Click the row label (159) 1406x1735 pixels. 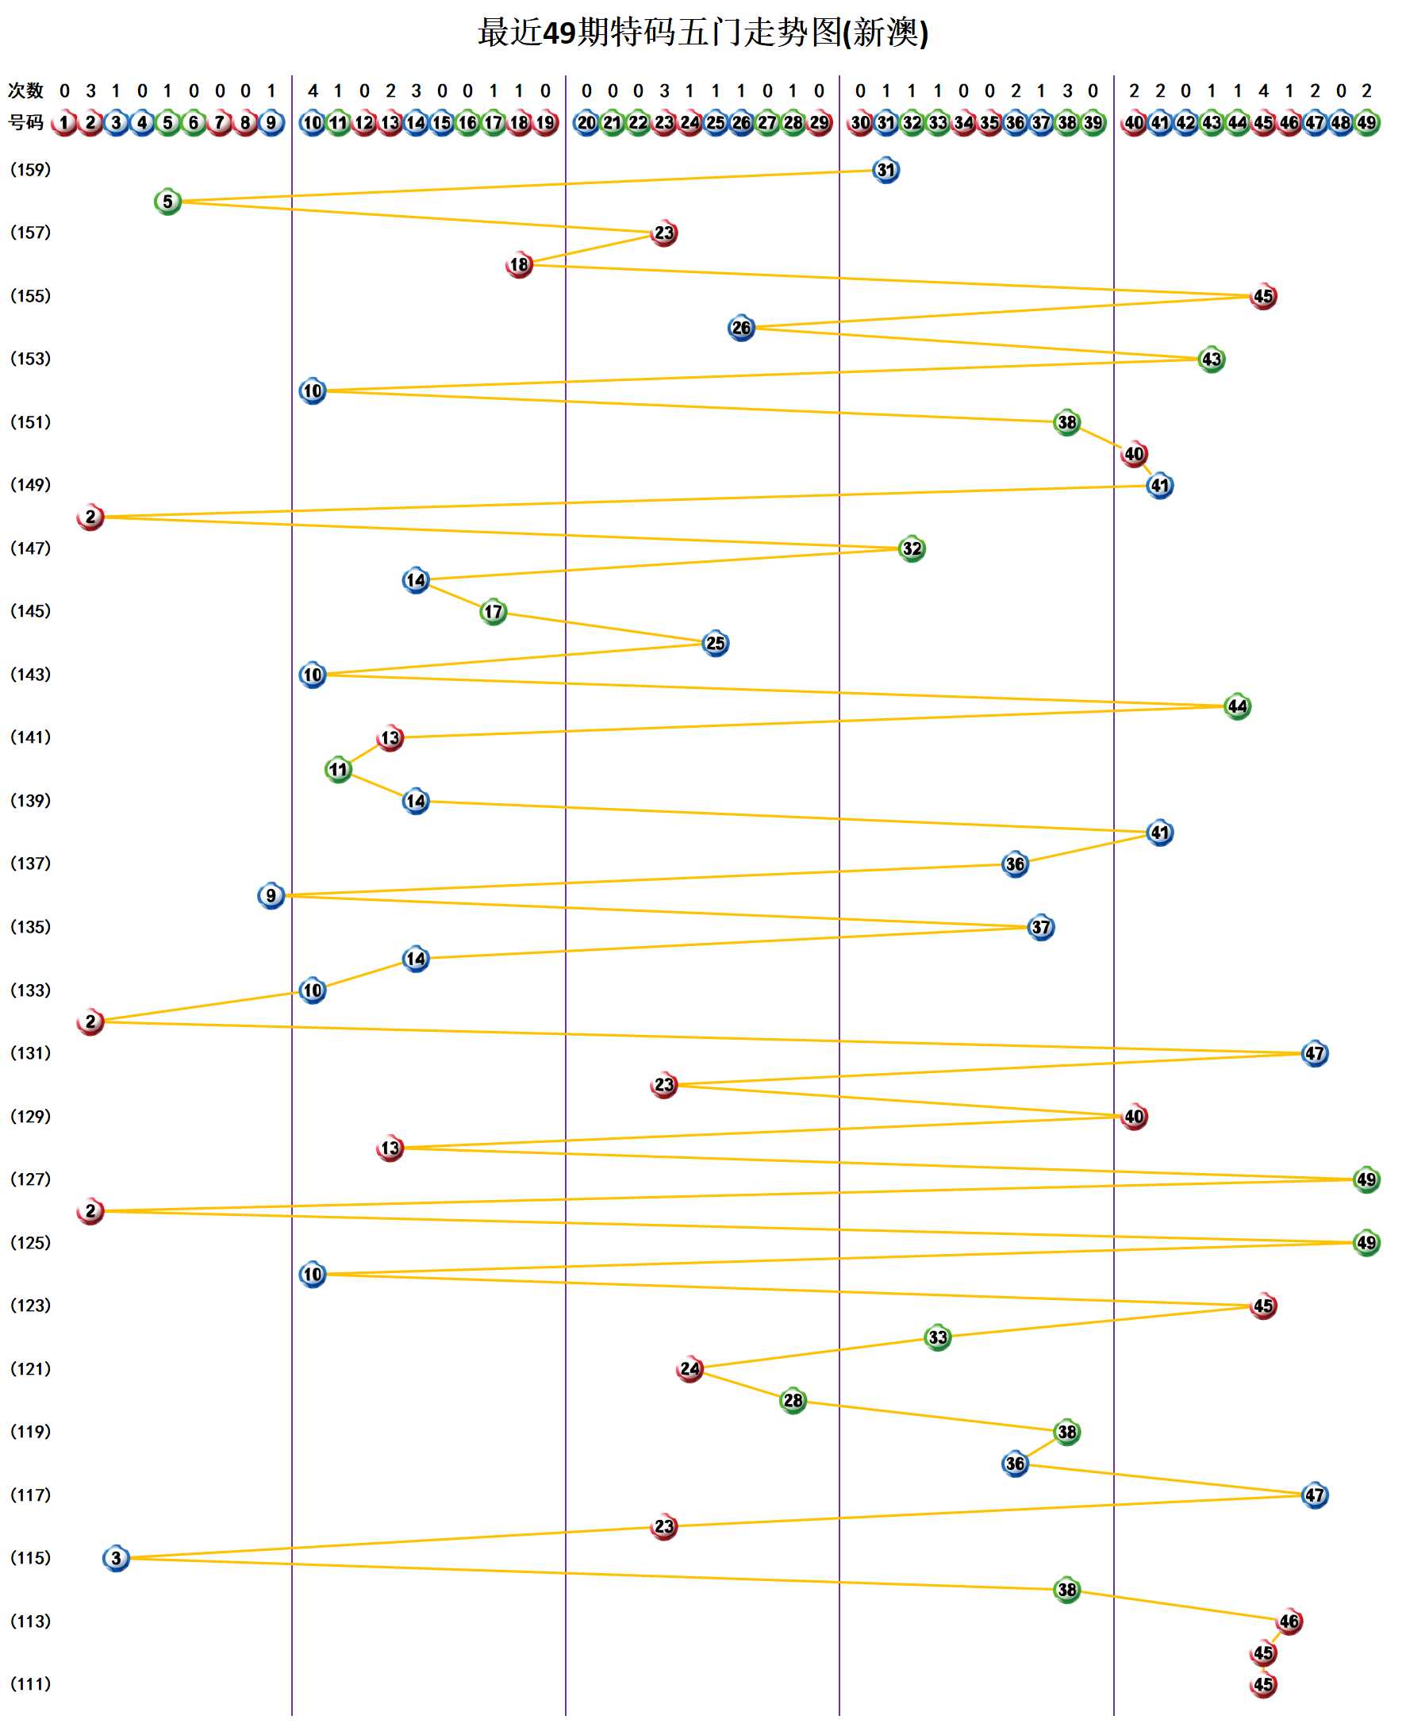[30, 169]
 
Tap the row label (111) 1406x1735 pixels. [30, 1684]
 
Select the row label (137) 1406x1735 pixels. [30, 864]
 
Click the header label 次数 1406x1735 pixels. [25, 90]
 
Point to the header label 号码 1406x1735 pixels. [25, 122]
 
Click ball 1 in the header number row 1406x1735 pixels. [64, 123]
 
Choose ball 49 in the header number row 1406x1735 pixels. [1366, 123]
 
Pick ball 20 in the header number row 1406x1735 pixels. [586, 123]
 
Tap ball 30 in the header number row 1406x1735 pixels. [860, 123]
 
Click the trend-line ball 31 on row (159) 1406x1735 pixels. [886, 170]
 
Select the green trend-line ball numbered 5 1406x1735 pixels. [167, 202]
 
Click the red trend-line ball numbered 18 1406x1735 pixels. [519, 265]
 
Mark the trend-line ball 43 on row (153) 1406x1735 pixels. [1211, 360]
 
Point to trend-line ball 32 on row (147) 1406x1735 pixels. [912, 549]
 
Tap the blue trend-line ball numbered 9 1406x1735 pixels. [271, 896]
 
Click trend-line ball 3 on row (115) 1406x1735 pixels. [116, 1559]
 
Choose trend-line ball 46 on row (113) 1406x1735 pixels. [1289, 1622]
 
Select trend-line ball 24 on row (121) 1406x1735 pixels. [690, 1369]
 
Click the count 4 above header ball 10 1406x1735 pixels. [313, 90]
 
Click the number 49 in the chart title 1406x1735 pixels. [558, 33]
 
